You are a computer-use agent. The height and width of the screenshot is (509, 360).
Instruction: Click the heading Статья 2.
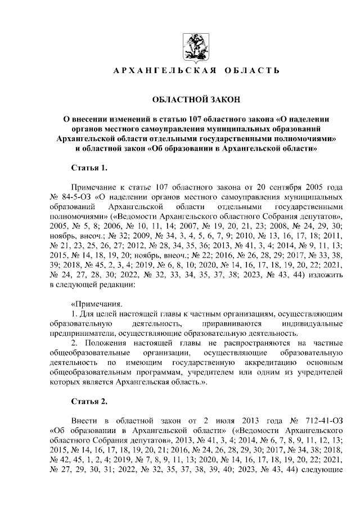point(89,401)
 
